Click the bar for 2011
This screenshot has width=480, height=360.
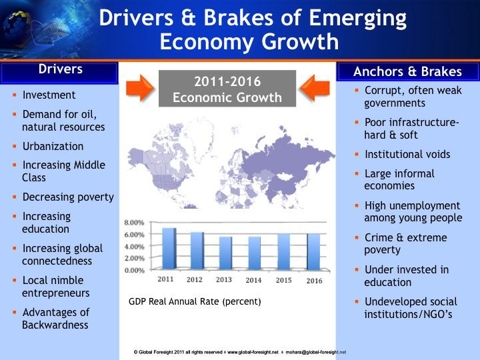(x=169, y=249)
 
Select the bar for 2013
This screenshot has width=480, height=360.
(x=226, y=253)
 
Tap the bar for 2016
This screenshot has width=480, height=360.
(x=314, y=252)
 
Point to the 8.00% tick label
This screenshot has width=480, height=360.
(x=134, y=223)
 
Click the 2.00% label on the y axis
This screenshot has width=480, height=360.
(x=134, y=258)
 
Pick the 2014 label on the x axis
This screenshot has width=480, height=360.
(x=253, y=280)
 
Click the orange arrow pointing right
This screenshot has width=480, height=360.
(x=140, y=88)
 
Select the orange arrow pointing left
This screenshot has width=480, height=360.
(x=315, y=88)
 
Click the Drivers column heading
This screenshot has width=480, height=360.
(x=60, y=69)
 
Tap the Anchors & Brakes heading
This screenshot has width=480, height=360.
(x=407, y=71)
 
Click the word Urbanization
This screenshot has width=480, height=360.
(x=53, y=146)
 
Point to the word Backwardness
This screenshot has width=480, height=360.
(x=55, y=325)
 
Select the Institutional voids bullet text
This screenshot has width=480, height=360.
(x=407, y=154)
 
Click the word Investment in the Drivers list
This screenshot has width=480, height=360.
(x=49, y=95)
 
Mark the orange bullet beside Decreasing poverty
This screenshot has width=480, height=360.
(x=15, y=197)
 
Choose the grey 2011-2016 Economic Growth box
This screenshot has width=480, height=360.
(x=227, y=89)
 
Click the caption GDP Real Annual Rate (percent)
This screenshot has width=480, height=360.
(x=195, y=301)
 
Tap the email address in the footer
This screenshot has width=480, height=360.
(x=316, y=353)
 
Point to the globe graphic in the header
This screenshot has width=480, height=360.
(x=16, y=28)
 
